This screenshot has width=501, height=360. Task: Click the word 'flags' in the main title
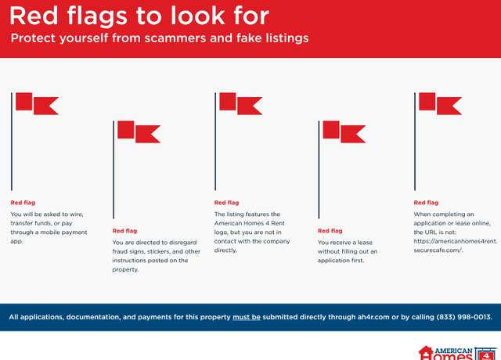click(x=97, y=16)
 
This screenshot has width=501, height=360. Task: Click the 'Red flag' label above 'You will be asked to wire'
click(x=23, y=203)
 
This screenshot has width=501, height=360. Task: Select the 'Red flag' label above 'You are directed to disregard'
click(x=124, y=231)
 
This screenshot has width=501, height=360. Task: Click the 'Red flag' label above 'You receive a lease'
click(x=330, y=231)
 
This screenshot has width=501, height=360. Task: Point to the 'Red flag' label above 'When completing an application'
click(x=426, y=203)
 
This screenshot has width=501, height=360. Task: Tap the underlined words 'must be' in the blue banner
click(x=247, y=317)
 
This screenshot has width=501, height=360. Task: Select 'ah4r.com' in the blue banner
click(x=373, y=317)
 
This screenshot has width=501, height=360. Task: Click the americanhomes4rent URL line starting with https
click(x=455, y=241)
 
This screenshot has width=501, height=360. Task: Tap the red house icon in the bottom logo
click(x=426, y=353)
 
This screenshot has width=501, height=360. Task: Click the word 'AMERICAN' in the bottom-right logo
click(x=454, y=351)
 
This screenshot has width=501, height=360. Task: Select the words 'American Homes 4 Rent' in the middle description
click(x=249, y=223)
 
